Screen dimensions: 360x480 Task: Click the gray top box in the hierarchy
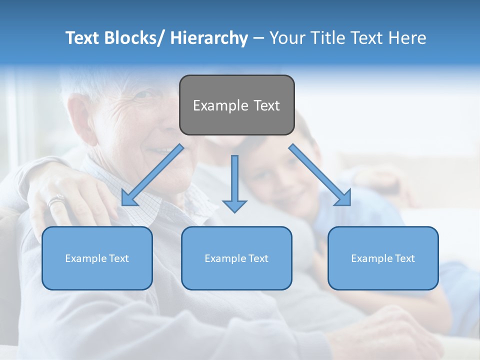236,105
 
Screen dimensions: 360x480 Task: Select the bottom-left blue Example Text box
97,258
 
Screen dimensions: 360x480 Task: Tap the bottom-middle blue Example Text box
236,258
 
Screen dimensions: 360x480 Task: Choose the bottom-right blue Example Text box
383,258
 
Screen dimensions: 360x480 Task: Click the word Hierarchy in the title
209,38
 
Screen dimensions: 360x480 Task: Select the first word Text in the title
83,38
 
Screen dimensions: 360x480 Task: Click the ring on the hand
56,201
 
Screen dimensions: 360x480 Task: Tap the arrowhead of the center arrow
234,205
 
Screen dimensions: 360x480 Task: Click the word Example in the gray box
220,105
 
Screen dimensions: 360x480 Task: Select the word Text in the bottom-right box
404,258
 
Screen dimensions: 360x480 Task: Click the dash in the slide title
258,38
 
